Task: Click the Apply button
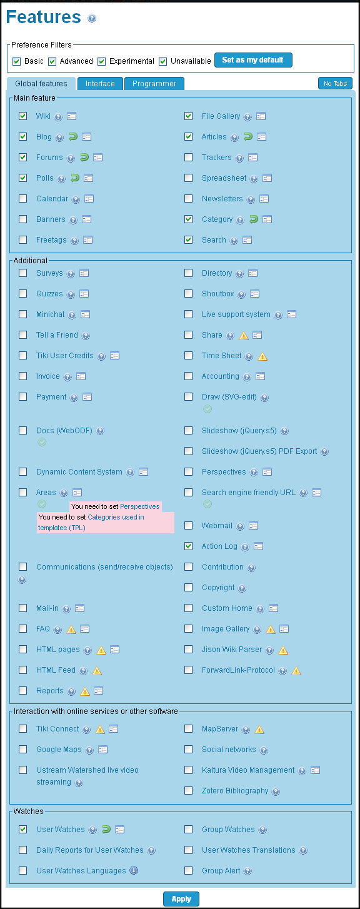181,899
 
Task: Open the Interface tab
100,84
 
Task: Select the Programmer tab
154,84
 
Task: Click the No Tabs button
335,83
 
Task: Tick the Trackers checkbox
188,157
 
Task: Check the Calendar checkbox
22,198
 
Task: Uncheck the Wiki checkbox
22,116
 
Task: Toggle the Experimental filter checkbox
101,61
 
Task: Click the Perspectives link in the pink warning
139,506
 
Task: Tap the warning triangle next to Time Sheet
262,357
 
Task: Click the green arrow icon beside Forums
84,157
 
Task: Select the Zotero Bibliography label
235,790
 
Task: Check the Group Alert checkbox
188,870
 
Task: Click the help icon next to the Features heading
92,18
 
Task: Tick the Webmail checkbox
188,526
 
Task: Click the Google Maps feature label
59,750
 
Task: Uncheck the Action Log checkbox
188,546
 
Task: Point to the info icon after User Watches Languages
134,870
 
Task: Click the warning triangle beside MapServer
259,730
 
